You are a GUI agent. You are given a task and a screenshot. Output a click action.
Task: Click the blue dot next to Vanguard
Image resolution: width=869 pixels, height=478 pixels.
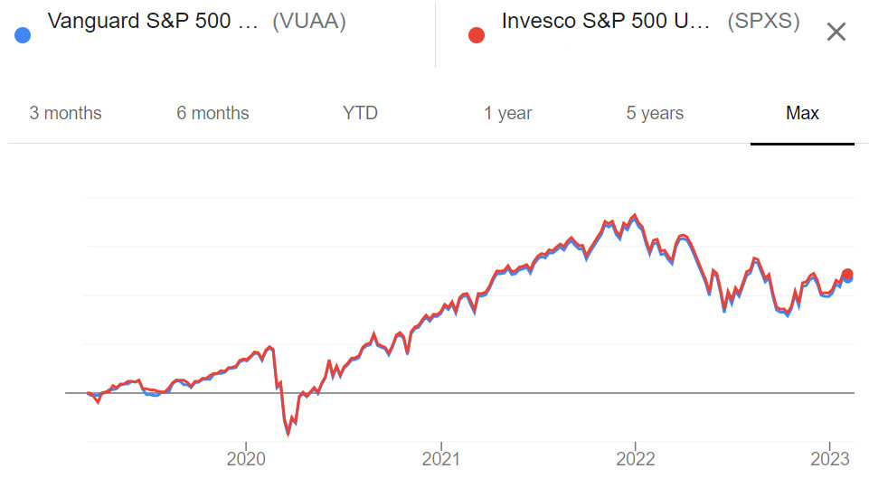point(24,35)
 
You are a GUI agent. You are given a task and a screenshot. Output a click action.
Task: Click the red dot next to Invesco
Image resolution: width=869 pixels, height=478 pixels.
point(477,35)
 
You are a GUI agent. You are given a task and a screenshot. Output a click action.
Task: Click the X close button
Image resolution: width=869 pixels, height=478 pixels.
point(836,33)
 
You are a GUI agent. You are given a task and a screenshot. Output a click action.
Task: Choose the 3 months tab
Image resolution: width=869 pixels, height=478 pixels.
point(65,113)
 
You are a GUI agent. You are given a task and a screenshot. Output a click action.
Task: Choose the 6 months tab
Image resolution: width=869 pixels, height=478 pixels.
point(213,113)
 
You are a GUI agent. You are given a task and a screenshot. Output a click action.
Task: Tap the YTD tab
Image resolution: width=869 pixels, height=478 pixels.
point(360,113)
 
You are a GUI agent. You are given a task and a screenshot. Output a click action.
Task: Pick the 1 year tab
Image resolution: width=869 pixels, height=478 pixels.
point(507,113)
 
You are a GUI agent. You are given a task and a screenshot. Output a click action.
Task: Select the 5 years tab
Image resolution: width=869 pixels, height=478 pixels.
point(655,113)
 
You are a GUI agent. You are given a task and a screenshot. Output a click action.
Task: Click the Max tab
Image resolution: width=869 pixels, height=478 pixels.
point(802,113)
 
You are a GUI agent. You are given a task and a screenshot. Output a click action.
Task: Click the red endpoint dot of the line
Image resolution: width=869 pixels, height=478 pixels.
point(847,274)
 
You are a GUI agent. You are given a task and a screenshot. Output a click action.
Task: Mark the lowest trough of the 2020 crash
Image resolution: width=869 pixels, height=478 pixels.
point(288,433)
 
